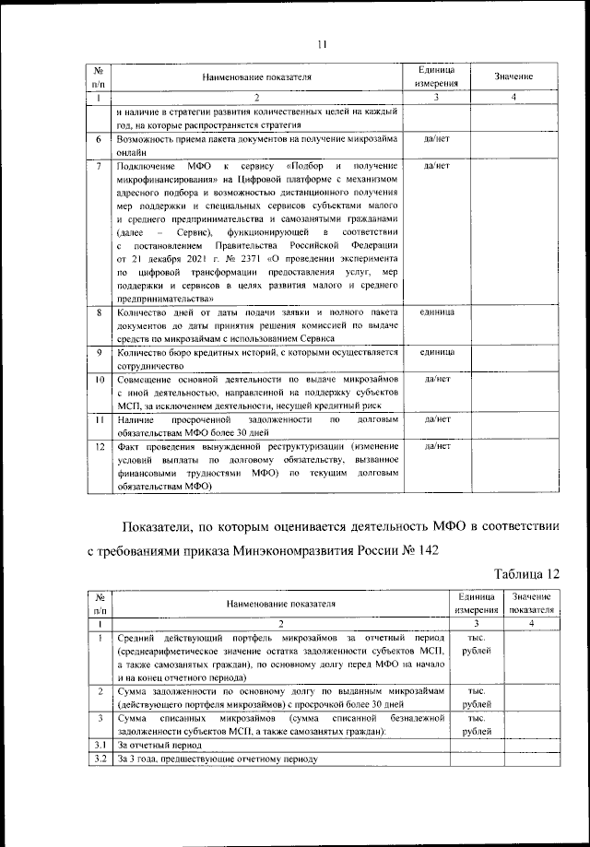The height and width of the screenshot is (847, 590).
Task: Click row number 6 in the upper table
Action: [99, 139]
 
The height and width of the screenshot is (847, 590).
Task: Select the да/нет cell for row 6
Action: [435, 139]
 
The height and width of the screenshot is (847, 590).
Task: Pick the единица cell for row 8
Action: [435, 313]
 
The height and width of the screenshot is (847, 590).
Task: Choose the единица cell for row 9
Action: [435, 353]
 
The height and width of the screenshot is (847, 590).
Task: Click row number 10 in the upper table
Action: [99, 379]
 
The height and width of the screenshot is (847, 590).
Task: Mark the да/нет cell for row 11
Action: [435, 418]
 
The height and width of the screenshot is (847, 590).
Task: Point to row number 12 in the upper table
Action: [99, 446]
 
